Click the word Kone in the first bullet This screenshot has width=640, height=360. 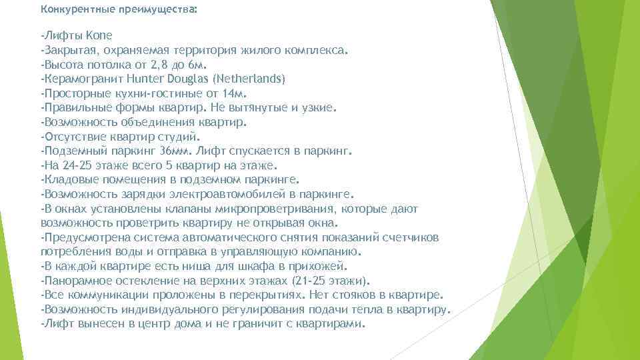pyautogui.click(x=99, y=35)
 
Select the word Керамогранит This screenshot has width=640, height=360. pyautogui.click(x=79, y=79)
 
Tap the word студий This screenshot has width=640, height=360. pyautogui.click(x=179, y=137)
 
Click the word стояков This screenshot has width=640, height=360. pyautogui.click(x=359, y=295)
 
